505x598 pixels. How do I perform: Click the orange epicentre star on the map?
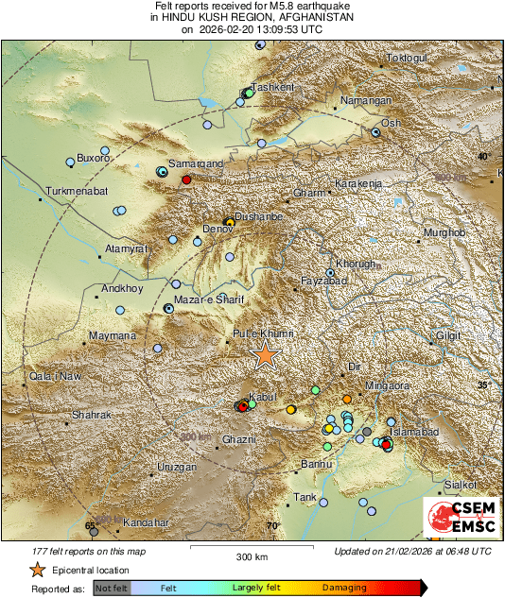coord(267,355)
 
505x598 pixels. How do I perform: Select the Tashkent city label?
coord(273,87)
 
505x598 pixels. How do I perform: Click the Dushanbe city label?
coord(259,216)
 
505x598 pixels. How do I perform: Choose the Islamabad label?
coord(414,432)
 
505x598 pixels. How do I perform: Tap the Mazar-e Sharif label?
coord(209,299)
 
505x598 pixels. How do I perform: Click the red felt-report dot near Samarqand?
coord(186,179)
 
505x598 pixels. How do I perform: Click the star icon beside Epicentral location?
coord(37,570)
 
